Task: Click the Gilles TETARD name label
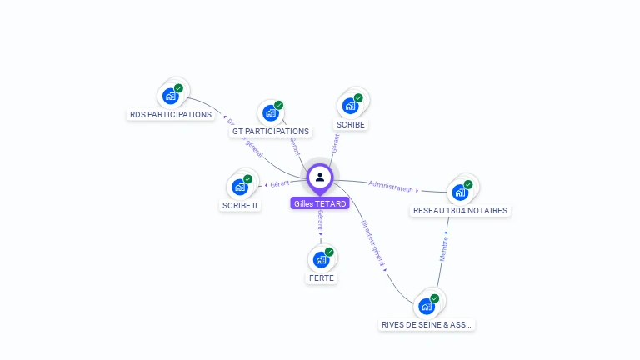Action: [320, 203]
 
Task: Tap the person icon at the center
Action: [320, 177]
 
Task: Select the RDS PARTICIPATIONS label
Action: [171, 114]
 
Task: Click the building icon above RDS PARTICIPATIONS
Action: [171, 95]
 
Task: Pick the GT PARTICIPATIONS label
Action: [271, 131]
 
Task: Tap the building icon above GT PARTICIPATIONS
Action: [271, 112]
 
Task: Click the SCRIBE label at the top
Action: [351, 124]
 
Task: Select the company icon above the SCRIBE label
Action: [351, 105]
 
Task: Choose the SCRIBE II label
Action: [240, 205]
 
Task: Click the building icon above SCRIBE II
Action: [240, 186]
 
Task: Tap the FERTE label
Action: [321, 277]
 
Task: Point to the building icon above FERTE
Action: [321, 258]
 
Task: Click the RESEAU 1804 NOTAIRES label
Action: [460, 211]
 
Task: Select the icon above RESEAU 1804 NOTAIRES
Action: [460, 192]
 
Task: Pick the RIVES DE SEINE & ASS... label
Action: [427, 324]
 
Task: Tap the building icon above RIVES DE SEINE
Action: [427, 305]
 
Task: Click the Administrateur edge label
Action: [391, 186]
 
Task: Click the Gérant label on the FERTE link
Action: [320, 221]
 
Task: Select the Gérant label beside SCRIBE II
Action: [280, 183]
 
